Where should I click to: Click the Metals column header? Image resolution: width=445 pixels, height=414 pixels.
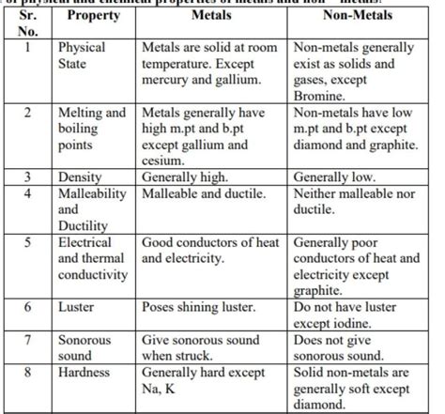click(211, 17)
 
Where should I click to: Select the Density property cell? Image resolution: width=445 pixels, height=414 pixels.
click(81, 176)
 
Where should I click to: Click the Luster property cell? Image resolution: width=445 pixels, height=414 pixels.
click(76, 307)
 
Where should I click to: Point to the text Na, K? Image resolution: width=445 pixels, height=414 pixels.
click(162, 389)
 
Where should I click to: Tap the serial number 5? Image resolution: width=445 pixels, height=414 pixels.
click(30, 242)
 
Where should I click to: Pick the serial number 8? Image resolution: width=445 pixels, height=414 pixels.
click(30, 373)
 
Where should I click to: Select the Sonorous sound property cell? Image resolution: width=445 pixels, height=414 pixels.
click(84, 347)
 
